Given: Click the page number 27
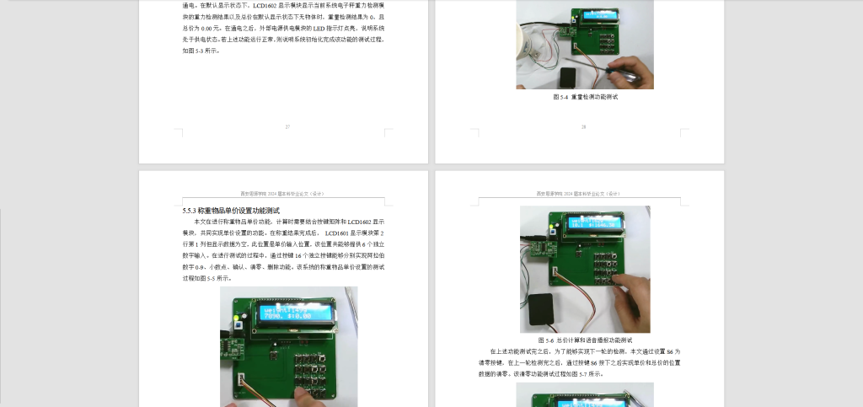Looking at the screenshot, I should tap(287, 127).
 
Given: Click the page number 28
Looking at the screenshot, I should tap(583, 127).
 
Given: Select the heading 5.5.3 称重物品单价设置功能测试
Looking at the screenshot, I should tap(231, 211).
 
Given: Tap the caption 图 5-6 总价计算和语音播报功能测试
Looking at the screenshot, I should tap(584, 340).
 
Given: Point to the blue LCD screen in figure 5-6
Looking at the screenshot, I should tap(594, 223).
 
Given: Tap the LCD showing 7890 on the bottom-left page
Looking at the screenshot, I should tap(296, 313).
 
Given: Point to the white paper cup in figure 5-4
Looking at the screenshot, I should tap(531, 42).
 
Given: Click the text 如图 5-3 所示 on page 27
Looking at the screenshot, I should tap(201, 51).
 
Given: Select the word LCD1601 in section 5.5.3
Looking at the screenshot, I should tap(339, 233).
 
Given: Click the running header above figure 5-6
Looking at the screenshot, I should tap(584, 193).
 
